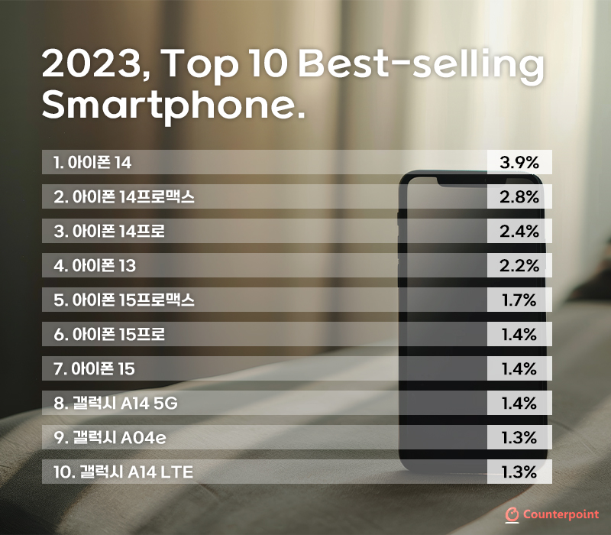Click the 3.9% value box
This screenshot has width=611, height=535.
click(519, 163)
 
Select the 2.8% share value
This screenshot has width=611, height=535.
click(519, 197)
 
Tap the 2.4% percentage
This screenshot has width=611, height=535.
click(519, 232)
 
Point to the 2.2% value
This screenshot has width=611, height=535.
click(519, 266)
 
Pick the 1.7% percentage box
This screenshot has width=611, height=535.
click(519, 300)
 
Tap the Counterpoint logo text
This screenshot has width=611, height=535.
click(561, 514)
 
